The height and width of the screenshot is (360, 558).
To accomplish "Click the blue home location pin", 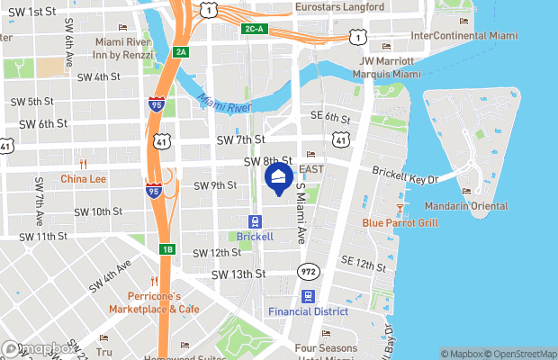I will [x=278, y=176].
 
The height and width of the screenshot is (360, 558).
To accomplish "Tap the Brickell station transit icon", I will [x=256, y=221].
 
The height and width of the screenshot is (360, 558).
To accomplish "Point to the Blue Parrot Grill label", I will [x=400, y=222].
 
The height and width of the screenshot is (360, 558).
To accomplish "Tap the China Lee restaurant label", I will [x=83, y=179].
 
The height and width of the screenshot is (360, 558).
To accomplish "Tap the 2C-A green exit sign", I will [x=253, y=29].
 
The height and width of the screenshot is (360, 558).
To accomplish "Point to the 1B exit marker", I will [x=166, y=249].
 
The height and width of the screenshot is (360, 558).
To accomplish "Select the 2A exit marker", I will [x=181, y=51].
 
